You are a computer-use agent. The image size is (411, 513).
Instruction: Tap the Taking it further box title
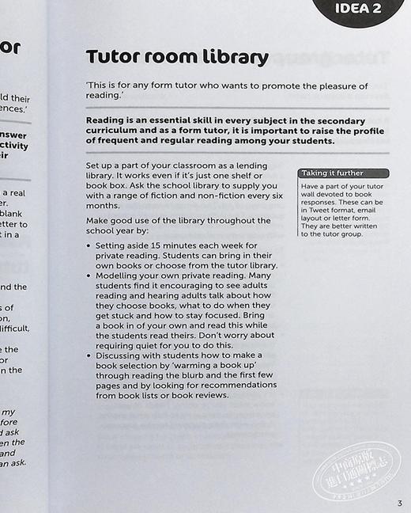(333, 173)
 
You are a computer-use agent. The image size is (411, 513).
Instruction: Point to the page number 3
(400, 503)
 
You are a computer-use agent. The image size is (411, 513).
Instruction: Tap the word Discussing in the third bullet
(122, 357)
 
